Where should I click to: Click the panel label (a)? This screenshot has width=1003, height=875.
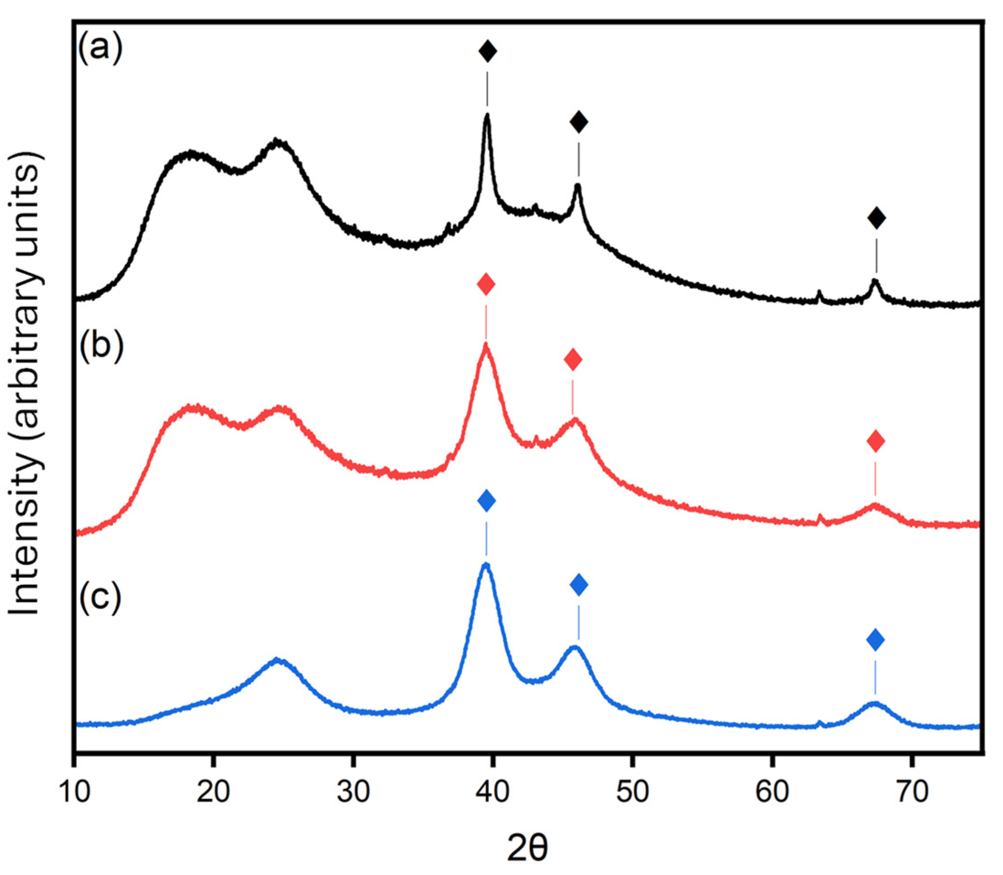[x=100, y=49]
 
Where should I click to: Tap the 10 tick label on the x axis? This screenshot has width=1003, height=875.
[x=74, y=791]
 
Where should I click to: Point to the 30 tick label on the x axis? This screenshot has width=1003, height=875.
[x=353, y=791]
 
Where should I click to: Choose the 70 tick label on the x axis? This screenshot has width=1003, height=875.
[x=911, y=791]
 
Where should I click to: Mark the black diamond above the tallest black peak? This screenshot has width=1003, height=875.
[x=487, y=51]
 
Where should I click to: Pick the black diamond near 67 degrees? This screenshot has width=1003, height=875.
[x=876, y=218]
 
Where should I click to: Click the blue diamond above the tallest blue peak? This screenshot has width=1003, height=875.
[x=486, y=501]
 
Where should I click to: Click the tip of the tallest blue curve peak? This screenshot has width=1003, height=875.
[x=486, y=565]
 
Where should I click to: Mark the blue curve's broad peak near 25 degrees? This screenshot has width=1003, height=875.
[x=277, y=660]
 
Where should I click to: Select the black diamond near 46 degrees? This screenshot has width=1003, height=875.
[x=579, y=122]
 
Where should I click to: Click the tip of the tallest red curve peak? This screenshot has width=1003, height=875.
[x=486, y=345]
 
